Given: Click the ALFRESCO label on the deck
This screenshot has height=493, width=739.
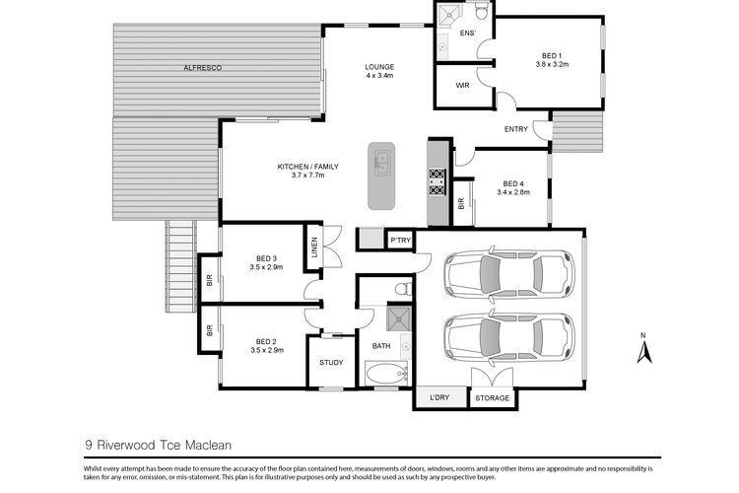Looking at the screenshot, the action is pos(203,68).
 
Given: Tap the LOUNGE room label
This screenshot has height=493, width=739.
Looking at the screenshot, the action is pos(379,67).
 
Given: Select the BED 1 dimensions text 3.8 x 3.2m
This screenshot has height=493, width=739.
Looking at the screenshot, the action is pos(552,64).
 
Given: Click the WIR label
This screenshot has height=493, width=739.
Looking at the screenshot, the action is pos(462,86).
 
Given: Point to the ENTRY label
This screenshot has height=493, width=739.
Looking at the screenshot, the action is pos(516,129).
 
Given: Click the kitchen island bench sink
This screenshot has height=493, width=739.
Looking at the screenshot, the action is pos(381,163).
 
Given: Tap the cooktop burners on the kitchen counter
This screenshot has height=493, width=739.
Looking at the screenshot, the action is pos(437,182).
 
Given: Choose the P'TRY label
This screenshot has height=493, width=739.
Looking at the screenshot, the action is pos(401,241).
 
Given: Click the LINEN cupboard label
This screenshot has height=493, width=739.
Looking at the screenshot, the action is pos(314,247).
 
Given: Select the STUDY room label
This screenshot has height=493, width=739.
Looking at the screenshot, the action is pos(331,362).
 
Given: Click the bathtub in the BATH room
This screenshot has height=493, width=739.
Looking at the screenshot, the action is pos(386,374).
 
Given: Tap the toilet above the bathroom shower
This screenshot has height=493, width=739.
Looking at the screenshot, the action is pos(403,287).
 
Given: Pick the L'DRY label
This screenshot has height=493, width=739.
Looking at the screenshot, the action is pos(439,397).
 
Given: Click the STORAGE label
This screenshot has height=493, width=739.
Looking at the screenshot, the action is pos(492,398).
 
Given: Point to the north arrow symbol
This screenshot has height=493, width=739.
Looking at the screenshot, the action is pos(643,349).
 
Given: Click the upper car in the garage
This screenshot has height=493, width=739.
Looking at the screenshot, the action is pos(509,274).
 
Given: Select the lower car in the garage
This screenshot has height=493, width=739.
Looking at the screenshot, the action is pos(509,337).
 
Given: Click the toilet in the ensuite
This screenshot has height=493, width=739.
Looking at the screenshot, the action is pos(481,12).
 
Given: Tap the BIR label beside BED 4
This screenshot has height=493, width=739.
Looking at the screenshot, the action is pos(461,204).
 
